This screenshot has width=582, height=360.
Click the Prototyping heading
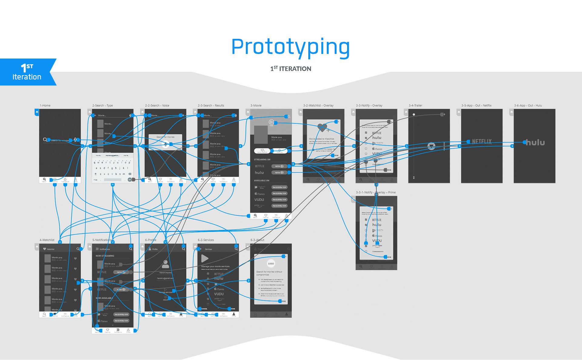[x=290, y=47]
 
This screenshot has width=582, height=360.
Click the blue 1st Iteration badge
[x=27, y=72]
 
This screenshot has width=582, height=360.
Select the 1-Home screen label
[x=45, y=106]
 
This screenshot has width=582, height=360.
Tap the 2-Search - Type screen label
[x=102, y=106]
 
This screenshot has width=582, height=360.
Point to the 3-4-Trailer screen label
[x=415, y=106]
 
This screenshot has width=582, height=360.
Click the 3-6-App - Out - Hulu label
[x=528, y=106]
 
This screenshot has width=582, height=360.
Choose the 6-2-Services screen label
[x=206, y=240]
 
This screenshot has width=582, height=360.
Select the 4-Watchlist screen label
[x=47, y=240]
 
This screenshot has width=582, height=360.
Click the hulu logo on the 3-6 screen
[x=535, y=142]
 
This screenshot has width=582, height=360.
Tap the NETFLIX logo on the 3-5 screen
[x=482, y=141]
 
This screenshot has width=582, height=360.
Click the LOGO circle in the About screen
[x=271, y=264]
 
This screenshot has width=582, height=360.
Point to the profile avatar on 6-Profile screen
[x=166, y=264]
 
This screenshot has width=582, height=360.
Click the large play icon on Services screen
[x=205, y=258]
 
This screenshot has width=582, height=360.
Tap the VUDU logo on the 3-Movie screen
[x=259, y=200]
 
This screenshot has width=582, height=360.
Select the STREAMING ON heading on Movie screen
[x=262, y=160]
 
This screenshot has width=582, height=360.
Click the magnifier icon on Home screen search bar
[x=45, y=140]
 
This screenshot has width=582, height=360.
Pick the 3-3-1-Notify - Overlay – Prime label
[x=376, y=192]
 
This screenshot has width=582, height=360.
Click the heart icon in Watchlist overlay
[x=322, y=127]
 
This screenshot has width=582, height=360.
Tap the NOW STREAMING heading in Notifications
[x=105, y=256]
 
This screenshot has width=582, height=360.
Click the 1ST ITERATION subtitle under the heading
[x=290, y=69]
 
